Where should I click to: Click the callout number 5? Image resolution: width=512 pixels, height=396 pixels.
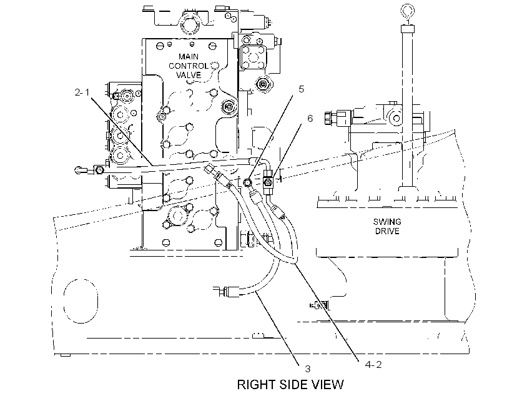click(x=301, y=89)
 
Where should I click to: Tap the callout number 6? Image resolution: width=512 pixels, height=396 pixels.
click(x=310, y=118)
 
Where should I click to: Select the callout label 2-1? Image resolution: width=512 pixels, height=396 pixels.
click(x=82, y=92)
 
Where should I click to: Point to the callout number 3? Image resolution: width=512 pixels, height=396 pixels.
click(x=308, y=369)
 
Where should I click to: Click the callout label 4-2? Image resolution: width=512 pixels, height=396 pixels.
click(x=373, y=364)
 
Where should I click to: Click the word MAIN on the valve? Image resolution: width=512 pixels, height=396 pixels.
click(x=189, y=56)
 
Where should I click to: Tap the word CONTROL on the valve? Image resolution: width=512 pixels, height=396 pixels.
click(x=189, y=66)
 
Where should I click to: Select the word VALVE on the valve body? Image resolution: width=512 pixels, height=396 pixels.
click(x=189, y=75)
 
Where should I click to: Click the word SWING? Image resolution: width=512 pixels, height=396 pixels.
click(x=387, y=222)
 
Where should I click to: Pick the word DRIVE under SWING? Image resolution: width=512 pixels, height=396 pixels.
click(x=387, y=231)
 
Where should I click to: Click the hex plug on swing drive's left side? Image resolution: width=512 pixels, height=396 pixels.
click(x=328, y=118)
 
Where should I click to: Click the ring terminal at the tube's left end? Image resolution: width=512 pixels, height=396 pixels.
click(x=79, y=171)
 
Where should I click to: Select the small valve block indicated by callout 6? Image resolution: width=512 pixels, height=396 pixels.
click(x=267, y=182)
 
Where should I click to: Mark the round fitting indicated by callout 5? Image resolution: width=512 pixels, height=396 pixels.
click(x=247, y=182)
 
